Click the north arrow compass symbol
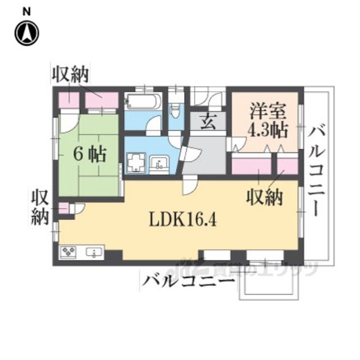[x=26, y=33]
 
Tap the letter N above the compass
[x=26, y=11]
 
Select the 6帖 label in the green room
[x=90, y=153]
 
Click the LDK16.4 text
[x=183, y=217]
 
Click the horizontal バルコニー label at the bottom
[x=187, y=281]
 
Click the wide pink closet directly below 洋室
[x=251, y=166]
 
